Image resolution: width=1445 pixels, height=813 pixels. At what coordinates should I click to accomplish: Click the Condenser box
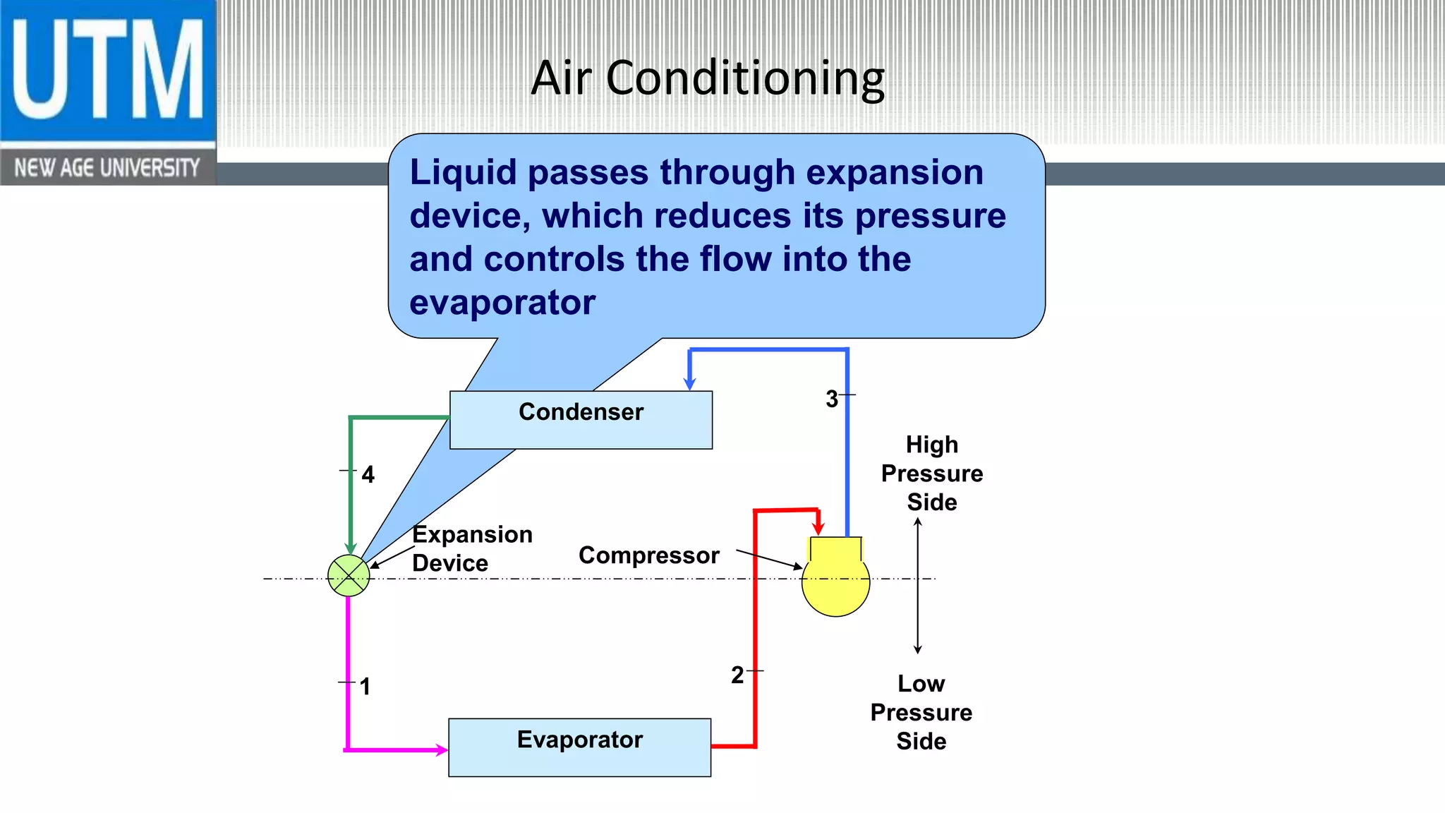pyautogui.click(x=581, y=420)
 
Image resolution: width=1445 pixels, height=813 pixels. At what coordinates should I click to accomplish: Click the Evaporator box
pyautogui.click(x=579, y=747)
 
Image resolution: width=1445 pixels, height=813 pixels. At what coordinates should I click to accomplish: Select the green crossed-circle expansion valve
pyautogui.click(x=349, y=575)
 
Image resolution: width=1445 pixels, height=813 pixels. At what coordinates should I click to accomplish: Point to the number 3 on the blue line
pyautogui.click(x=832, y=399)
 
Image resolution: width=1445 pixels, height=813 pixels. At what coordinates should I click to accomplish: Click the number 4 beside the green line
pyautogui.click(x=368, y=474)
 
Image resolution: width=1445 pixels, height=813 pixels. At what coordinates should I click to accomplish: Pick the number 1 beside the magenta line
pyautogui.click(x=365, y=686)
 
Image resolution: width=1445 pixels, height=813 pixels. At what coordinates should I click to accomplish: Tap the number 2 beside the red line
pyautogui.click(x=737, y=675)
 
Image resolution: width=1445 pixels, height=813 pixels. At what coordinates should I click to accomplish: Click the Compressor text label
pyautogui.click(x=648, y=555)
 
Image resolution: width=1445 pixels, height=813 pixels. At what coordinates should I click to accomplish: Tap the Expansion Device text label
pyautogui.click(x=471, y=548)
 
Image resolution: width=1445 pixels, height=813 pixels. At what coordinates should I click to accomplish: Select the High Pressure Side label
pyautogui.click(x=931, y=473)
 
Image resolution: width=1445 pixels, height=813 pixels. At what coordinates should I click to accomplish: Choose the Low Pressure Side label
pyautogui.click(x=921, y=712)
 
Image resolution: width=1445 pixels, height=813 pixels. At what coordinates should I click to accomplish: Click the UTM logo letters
pyautogui.click(x=107, y=71)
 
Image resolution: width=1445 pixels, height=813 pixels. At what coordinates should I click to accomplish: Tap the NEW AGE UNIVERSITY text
pyautogui.click(x=107, y=168)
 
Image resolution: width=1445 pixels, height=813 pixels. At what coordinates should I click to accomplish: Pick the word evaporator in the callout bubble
pyautogui.click(x=502, y=303)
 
